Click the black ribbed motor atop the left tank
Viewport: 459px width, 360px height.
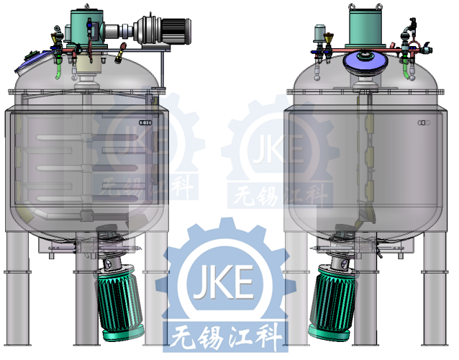tap(176, 31)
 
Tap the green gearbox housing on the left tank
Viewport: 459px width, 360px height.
tap(87, 28)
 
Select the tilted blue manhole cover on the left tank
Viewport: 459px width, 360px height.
tap(34, 61)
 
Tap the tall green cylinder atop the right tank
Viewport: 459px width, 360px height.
tap(365, 28)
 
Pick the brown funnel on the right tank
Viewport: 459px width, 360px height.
tap(329, 38)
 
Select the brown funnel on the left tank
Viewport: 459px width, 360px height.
tap(55, 38)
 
